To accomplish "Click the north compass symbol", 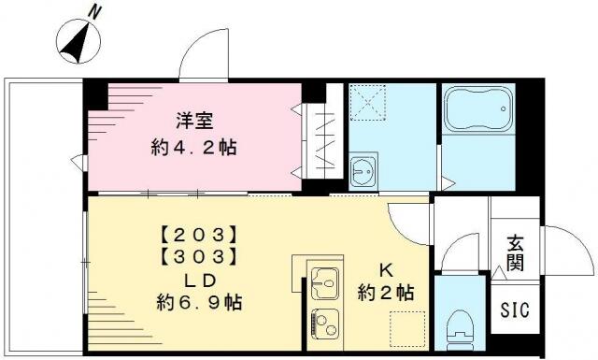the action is (x=78, y=41).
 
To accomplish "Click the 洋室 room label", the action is (x=194, y=121).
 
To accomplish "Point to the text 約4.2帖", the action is (x=193, y=148).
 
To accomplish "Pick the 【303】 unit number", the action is (x=198, y=257).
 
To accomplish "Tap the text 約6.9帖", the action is (x=199, y=303).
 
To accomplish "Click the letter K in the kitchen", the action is (x=386, y=270).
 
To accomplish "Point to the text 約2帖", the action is (x=386, y=293).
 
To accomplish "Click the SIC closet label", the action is (x=515, y=310).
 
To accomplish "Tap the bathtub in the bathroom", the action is (x=478, y=109).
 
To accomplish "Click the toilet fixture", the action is (x=461, y=327).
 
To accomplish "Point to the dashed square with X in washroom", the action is (x=368, y=102).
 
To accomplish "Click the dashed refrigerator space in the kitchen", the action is (x=407, y=329).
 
